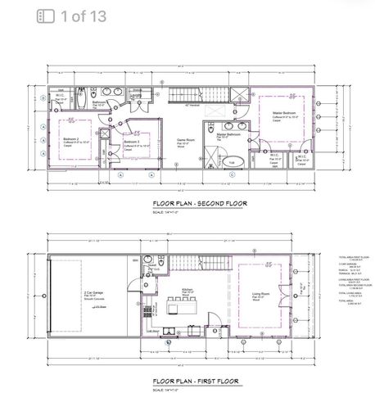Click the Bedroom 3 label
(131, 143)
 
